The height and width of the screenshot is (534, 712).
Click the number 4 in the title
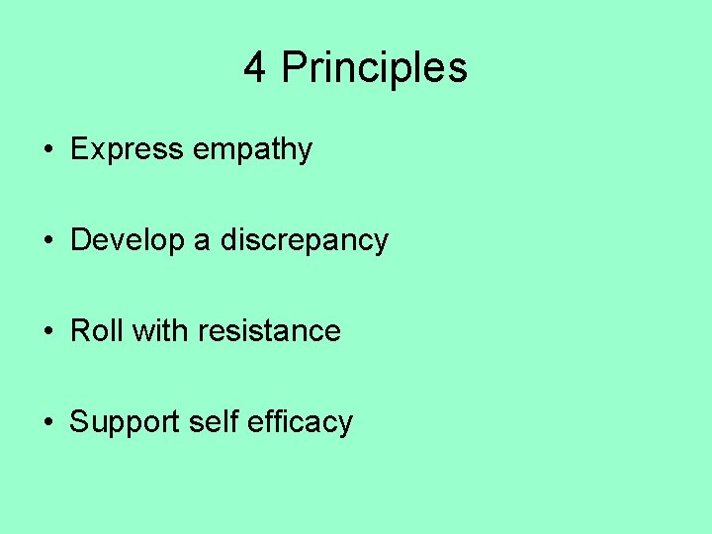(x=255, y=68)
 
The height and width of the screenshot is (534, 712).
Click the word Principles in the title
(x=374, y=68)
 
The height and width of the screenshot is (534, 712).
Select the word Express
(x=127, y=150)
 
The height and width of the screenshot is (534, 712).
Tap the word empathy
(x=252, y=150)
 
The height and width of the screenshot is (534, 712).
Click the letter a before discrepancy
(x=201, y=240)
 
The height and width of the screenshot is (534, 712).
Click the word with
(x=159, y=330)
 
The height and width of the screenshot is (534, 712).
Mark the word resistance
(x=269, y=330)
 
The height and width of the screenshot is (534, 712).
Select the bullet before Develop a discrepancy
(x=47, y=241)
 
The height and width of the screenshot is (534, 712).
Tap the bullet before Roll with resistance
(x=47, y=331)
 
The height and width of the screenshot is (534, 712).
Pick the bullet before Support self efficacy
(x=47, y=422)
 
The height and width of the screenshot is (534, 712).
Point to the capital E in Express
(x=79, y=150)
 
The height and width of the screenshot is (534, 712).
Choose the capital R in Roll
(x=80, y=330)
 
